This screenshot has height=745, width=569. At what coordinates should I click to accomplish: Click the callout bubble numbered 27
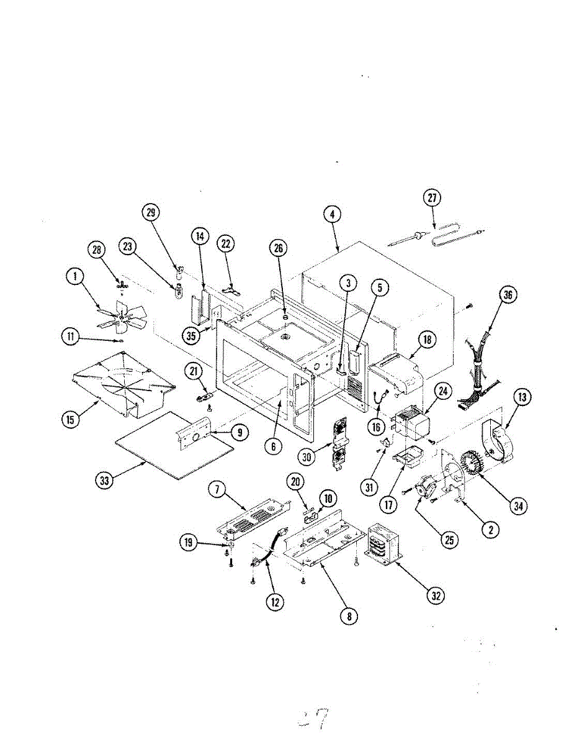point(432,199)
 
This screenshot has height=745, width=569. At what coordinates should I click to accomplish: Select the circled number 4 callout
point(333,214)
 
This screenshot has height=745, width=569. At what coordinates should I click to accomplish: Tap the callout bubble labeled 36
point(508,296)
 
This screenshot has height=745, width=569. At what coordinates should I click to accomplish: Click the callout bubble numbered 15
point(71,420)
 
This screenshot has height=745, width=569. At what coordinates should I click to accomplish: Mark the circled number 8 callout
point(349,616)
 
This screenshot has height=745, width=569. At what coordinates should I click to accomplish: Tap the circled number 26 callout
point(279,249)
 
